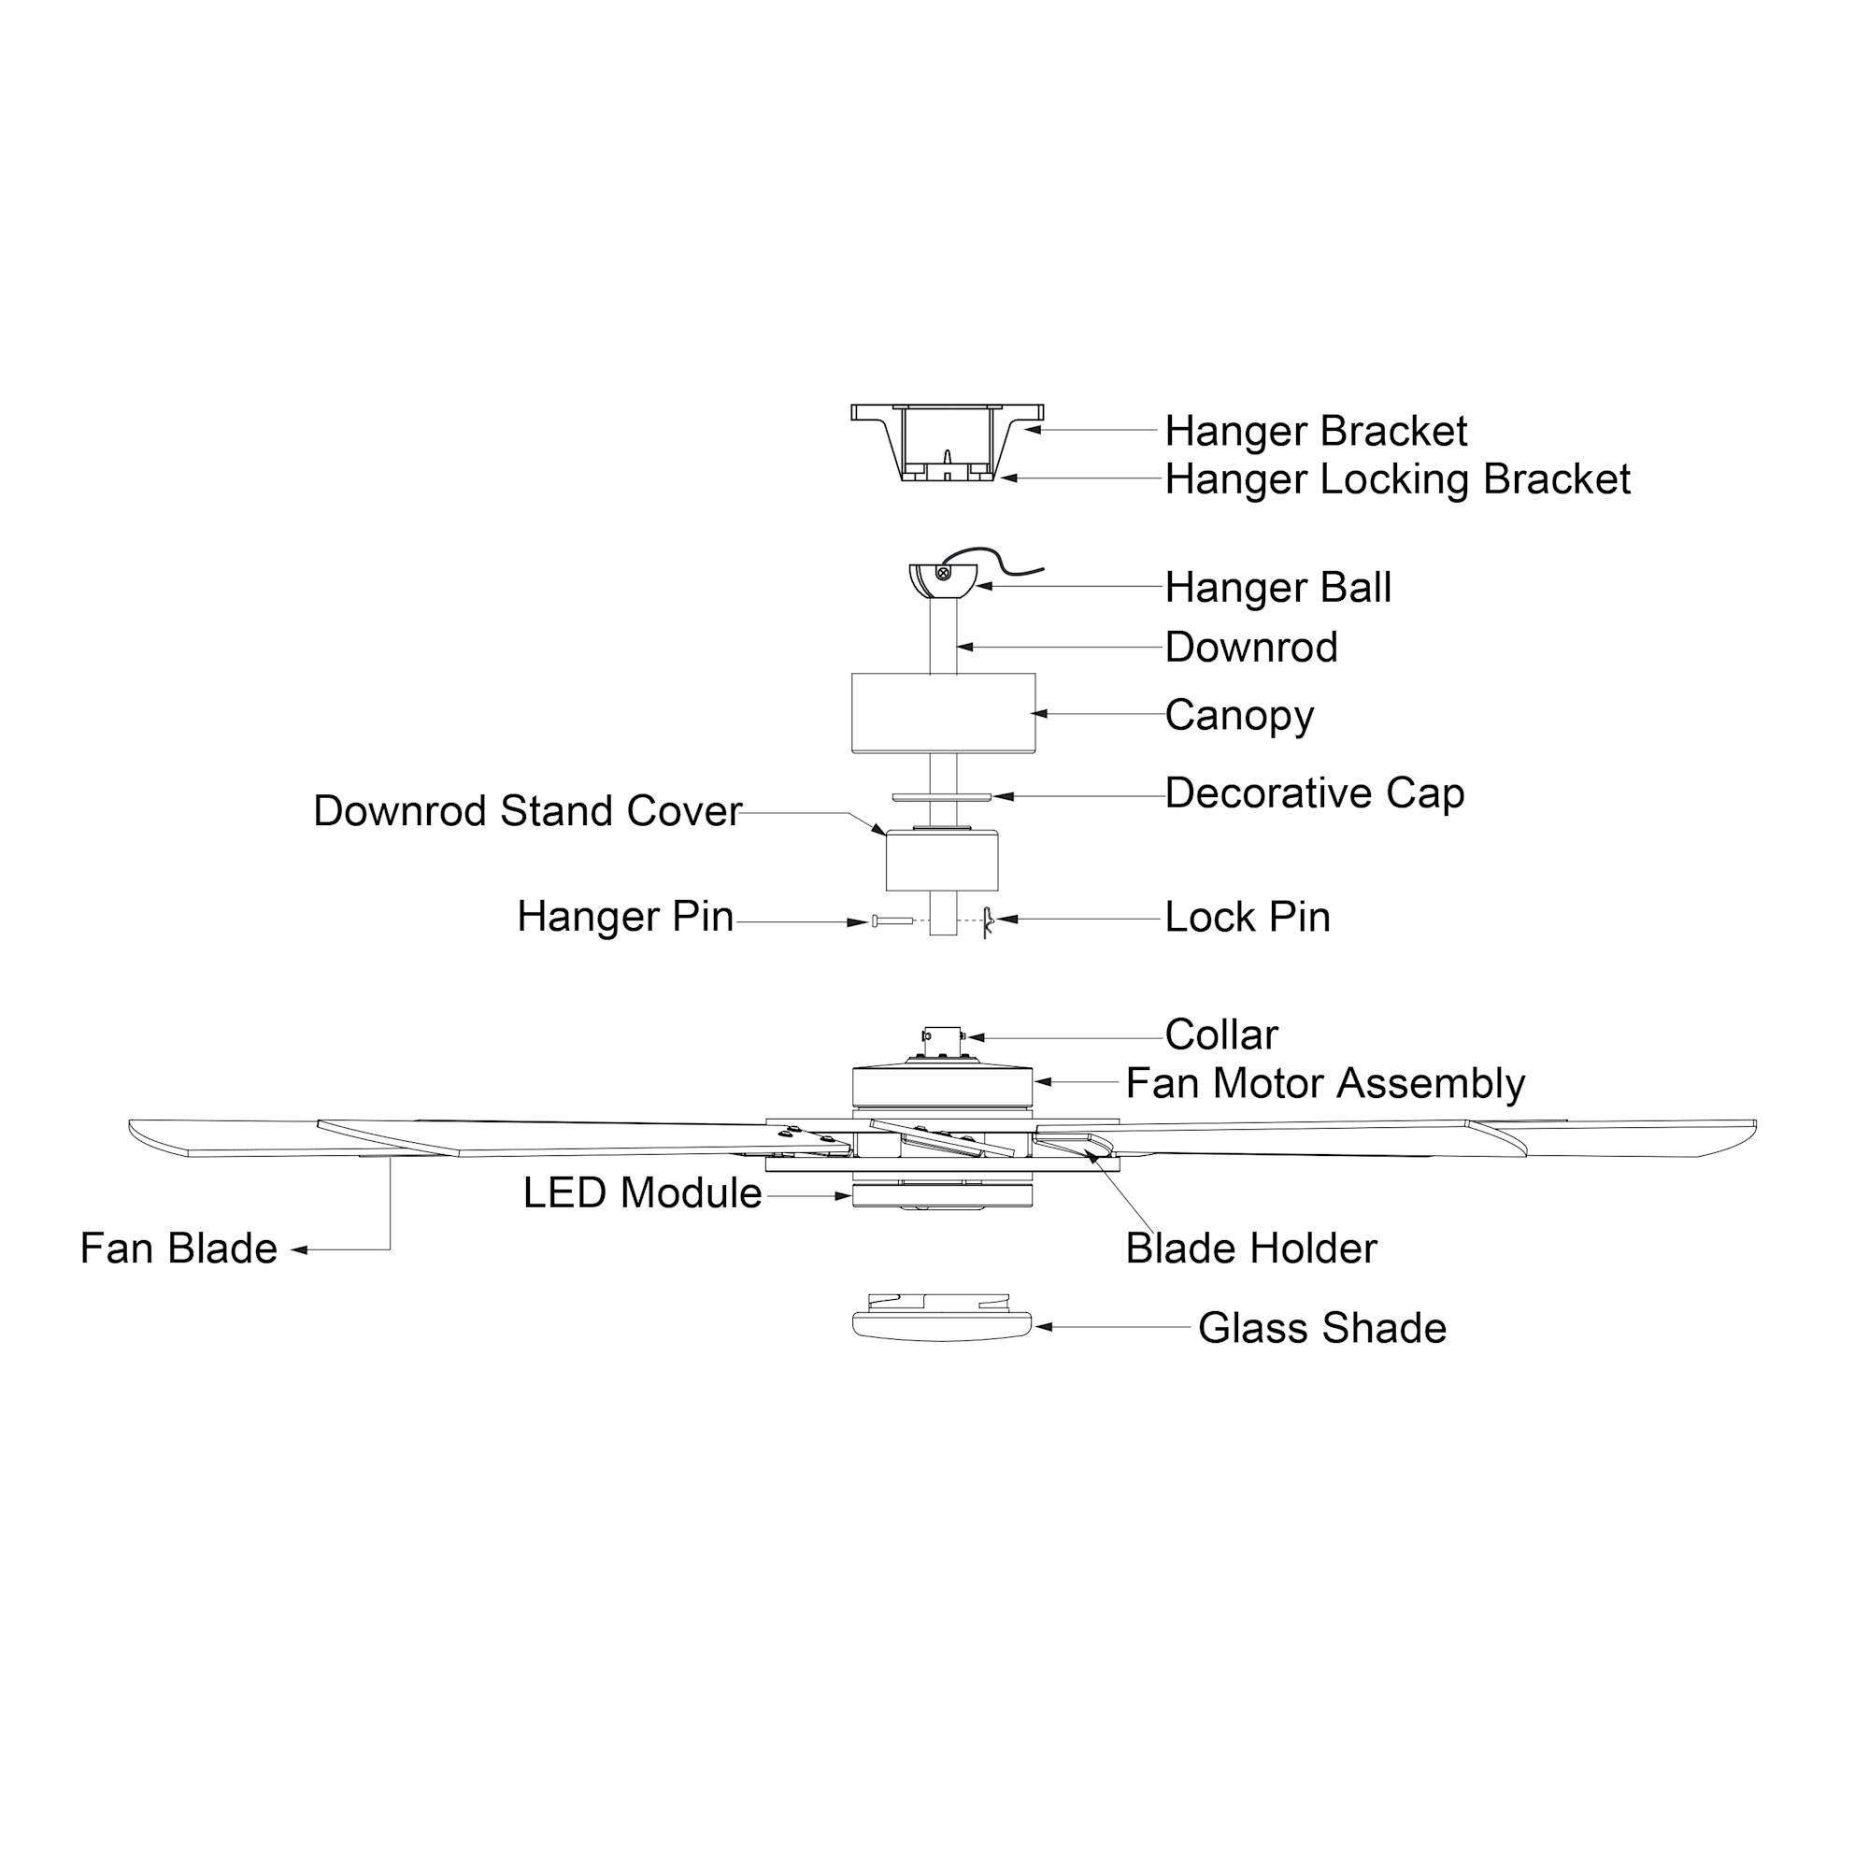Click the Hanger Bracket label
[x=1315, y=432]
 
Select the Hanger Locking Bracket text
[x=1397, y=479]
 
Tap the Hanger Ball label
[x=1277, y=588]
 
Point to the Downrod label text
[x=1249, y=649]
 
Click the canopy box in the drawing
[x=942, y=713]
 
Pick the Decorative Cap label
[x=1314, y=793]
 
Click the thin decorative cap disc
[x=941, y=797]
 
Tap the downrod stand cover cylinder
[x=941, y=862]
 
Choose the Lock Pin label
[x=1247, y=917]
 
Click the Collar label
[x=1220, y=1035]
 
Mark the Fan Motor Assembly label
[x=1324, y=1083]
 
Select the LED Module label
[x=642, y=1193]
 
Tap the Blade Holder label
[x=1249, y=1248]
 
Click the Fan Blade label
[x=179, y=1248]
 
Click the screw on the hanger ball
[x=943, y=574]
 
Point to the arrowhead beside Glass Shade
[x=1043, y=1326]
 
